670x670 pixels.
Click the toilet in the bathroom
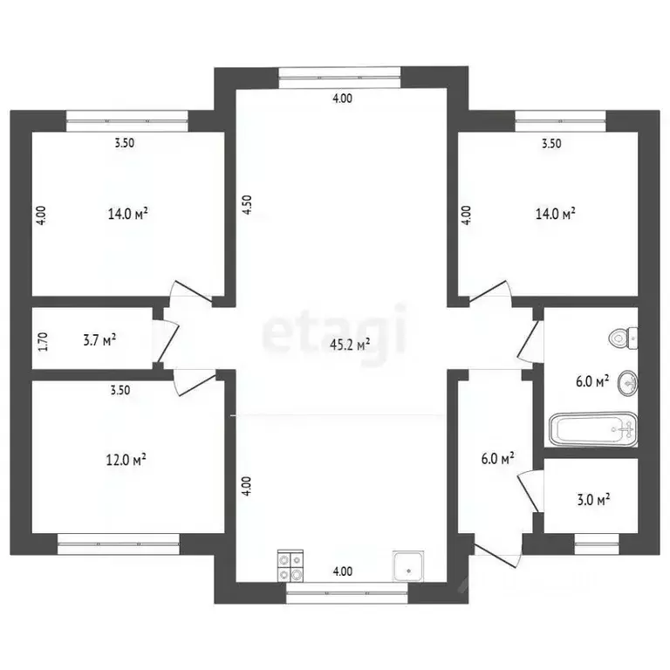tap(623, 338)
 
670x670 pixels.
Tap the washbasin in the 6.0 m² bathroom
tap(627, 383)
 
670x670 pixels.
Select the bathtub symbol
tap(593, 429)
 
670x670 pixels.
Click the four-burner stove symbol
tap(291, 565)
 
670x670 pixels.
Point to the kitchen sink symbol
tap(408, 566)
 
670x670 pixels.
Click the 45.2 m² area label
tap(350, 345)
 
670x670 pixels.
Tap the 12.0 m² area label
tap(126, 460)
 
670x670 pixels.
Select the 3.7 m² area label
tap(99, 340)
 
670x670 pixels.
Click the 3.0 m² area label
tap(593, 499)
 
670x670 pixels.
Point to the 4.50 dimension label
tap(247, 205)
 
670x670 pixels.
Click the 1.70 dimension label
tap(43, 342)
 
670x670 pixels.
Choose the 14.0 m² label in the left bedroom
tap(127, 213)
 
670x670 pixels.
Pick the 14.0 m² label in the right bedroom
tap(555, 213)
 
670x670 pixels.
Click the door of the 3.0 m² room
tap(530, 491)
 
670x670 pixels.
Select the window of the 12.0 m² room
tap(119, 544)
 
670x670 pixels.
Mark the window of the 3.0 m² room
tap(597, 544)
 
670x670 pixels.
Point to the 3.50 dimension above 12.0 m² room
tap(120, 390)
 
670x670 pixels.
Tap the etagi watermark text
tap(334, 332)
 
